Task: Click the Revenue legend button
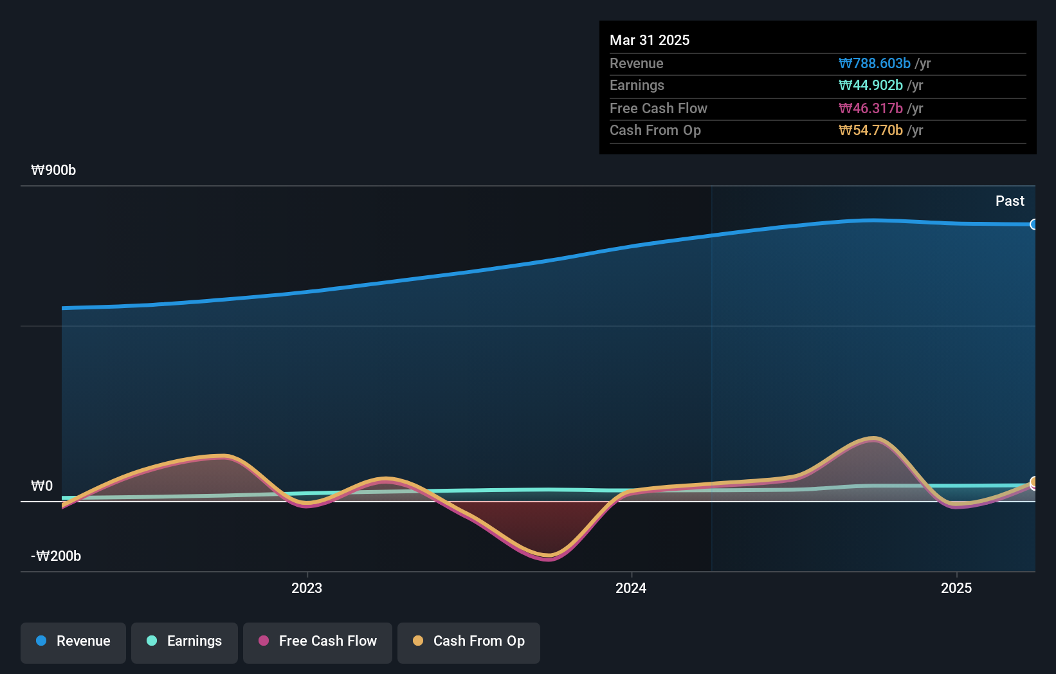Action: point(73,642)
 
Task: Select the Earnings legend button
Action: point(185,642)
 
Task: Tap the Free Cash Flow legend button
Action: point(318,642)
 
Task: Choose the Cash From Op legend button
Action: point(469,642)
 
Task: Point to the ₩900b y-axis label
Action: point(53,170)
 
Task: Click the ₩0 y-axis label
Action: point(42,486)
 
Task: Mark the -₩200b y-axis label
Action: point(56,556)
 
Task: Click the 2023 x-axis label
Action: point(307,588)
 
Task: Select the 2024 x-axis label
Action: point(631,588)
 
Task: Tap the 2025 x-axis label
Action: point(956,588)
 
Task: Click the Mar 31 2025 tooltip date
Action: point(650,41)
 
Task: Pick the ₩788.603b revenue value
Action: point(875,64)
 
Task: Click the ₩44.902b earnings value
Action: point(871,86)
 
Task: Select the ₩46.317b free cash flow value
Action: point(871,109)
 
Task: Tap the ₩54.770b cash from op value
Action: point(871,131)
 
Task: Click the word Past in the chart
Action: point(1010,201)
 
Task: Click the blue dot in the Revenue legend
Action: point(41,641)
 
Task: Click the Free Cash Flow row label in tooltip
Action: point(659,109)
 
